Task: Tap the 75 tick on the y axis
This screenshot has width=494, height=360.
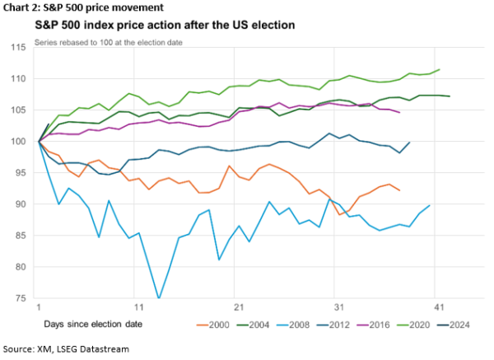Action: point(23,298)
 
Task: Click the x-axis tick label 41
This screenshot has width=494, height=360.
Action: point(438,306)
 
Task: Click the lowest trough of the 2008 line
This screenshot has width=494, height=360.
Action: point(158,298)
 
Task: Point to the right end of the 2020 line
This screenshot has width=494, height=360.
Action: point(440,69)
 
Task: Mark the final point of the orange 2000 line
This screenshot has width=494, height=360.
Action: point(399,190)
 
